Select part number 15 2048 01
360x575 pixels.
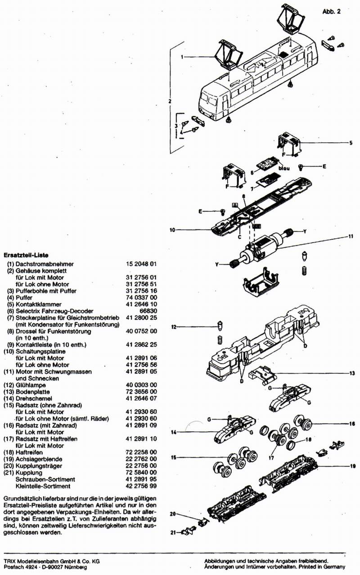tap(142, 264)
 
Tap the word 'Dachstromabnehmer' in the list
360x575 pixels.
tap(45, 264)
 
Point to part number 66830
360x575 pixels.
tap(148, 311)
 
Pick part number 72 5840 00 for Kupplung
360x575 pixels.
tap(142, 472)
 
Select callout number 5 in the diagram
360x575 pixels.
tap(350, 143)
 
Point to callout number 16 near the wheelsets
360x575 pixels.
tap(352, 424)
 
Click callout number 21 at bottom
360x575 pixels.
tap(173, 533)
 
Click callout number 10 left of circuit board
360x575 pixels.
tap(172, 230)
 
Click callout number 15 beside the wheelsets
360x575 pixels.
tap(173, 457)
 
